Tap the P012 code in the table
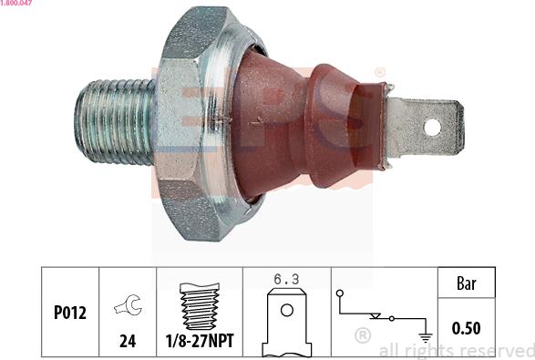69,313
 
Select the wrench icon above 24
127,308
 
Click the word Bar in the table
465,283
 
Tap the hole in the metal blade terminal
432,128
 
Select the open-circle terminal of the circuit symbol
339,293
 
